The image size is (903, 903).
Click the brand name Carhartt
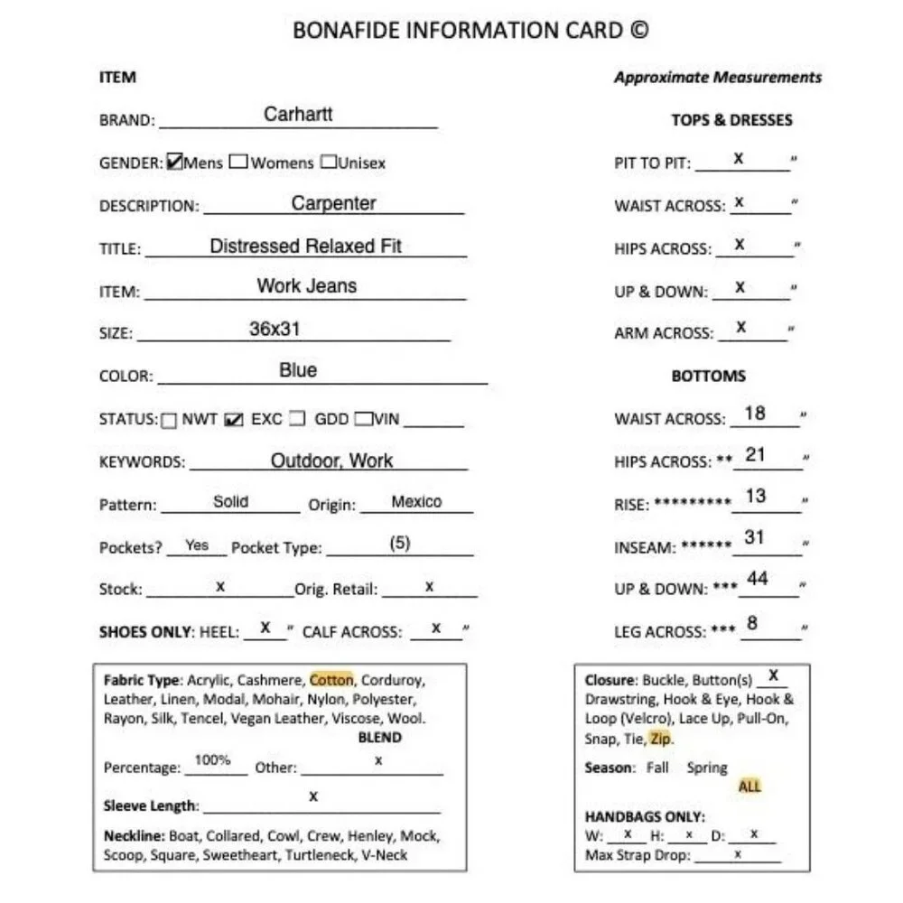coord(298,114)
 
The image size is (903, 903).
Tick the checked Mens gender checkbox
coord(175,163)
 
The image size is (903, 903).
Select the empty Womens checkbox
coord(238,163)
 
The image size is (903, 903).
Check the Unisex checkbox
coord(330,163)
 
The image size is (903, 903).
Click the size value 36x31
coord(275,329)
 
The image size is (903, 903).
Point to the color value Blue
coord(298,370)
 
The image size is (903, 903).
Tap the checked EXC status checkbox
coord(233,420)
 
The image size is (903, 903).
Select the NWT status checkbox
coord(169,420)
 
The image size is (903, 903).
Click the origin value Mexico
coord(416,501)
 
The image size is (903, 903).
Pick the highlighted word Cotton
coord(331,680)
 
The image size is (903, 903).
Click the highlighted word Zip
coord(660,739)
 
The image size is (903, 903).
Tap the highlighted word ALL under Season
coord(749,787)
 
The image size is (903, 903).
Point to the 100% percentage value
coord(213,760)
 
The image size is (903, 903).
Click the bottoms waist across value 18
coord(755,414)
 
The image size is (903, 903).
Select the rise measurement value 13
coord(756,496)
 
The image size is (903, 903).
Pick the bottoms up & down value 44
coord(758,579)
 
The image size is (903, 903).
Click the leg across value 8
coord(752,623)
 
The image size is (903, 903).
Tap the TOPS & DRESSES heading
coord(731,120)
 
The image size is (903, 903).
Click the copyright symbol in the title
coord(638,31)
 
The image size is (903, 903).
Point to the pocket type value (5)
coord(400,544)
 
